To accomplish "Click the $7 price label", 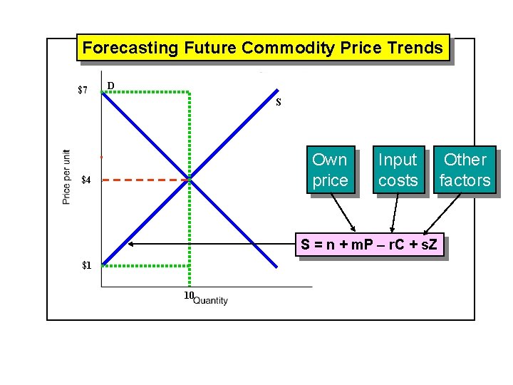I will pyautogui.click(x=83, y=91).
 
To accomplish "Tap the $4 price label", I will pyautogui.click(x=86, y=180).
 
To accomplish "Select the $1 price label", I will pyautogui.click(x=86, y=265).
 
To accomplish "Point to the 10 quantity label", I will pyautogui.click(x=189, y=295).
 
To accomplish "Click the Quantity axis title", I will pyautogui.click(x=211, y=301).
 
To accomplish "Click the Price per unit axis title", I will pyautogui.click(x=66, y=177).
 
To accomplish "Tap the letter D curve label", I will pyautogui.click(x=110, y=87).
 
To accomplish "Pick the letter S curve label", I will pyautogui.click(x=279, y=102).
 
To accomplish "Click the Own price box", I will pyautogui.click(x=330, y=170).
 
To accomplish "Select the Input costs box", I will pyautogui.click(x=398, y=170).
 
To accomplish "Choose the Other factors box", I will pyautogui.click(x=465, y=170).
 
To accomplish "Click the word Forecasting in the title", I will pyautogui.click(x=130, y=48).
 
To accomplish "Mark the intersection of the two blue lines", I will pyautogui.click(x=190, y=180).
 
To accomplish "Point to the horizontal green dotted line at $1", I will pyautogui.click(x=145, y=265).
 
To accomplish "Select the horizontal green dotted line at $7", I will pyautogui.click(x=146, y=91).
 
